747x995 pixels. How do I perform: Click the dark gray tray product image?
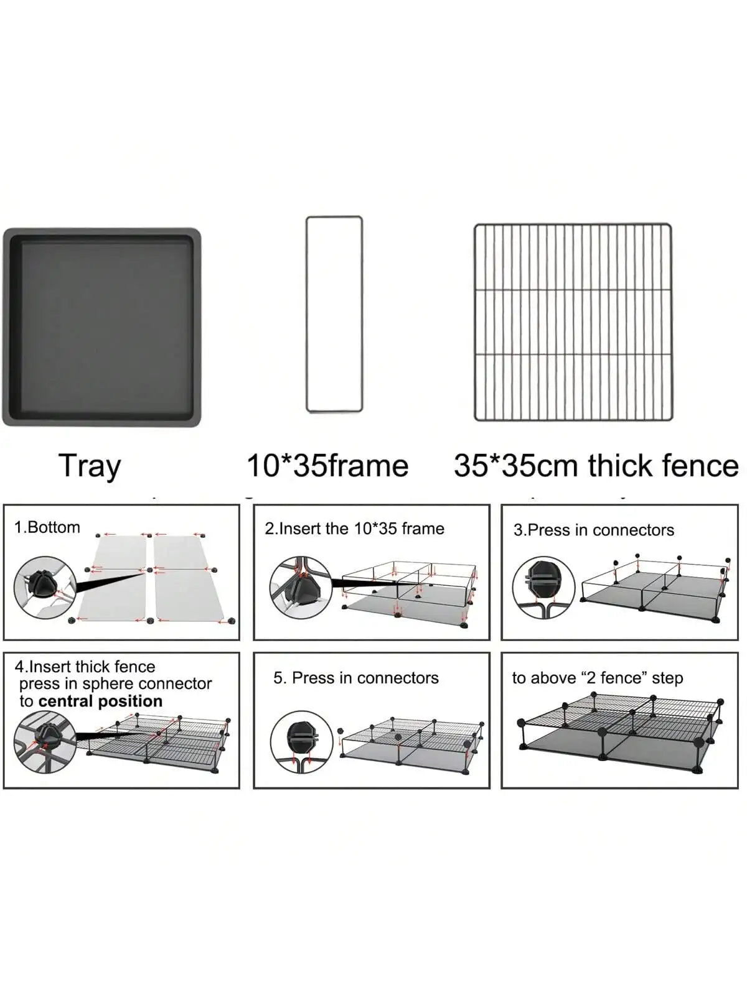click(101, 327)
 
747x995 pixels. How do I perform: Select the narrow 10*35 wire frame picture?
click(307, 314)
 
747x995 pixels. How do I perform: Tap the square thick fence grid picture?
click(573, 322)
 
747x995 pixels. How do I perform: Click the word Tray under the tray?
click(90, 466)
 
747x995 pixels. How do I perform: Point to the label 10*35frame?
click(327, 466)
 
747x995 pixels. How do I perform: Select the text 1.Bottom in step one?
click(47, 527)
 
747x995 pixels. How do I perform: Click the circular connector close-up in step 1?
click(45, 588)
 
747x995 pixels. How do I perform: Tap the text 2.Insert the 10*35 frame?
click(355, 529)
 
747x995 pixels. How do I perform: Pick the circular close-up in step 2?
click(301, 588)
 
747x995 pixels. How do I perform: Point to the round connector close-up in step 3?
click(544, 587)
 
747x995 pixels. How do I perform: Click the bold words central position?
click(101, 701)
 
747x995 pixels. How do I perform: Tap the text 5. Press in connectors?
click(356, 678)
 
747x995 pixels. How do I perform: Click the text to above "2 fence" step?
click(598, 678)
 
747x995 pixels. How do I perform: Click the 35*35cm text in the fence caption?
click(516, 466)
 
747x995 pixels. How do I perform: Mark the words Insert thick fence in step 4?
click(92, 667)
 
